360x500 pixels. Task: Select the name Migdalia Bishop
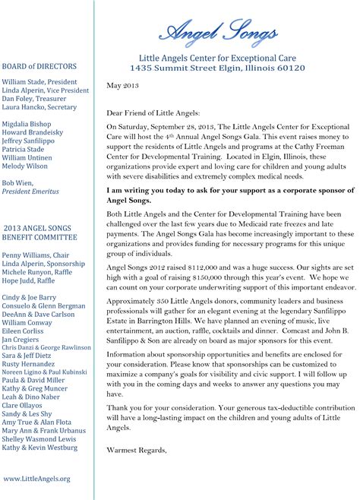tap(27, 123)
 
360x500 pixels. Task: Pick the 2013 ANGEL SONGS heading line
tap(37, 228)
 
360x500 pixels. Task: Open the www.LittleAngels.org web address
tap(36, 478)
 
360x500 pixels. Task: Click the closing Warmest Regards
tap(137, 449)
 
